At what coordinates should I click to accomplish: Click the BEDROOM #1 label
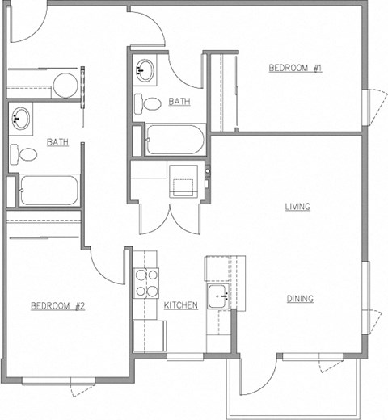296,68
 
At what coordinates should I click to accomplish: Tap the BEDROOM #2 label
58,305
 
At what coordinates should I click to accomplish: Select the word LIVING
297,207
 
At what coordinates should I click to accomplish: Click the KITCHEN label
181,305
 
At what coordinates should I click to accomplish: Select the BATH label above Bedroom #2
57,142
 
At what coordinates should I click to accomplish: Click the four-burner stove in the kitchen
146,283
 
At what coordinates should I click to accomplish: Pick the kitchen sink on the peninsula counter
217,296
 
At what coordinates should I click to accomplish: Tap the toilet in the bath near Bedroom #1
148,103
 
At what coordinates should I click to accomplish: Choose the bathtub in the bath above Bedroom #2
48,190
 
